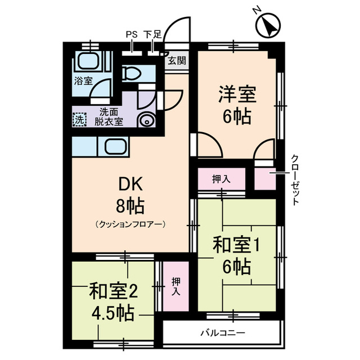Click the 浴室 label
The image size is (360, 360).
pyautogui.click(x=83, y=81)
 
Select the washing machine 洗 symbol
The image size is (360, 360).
pyautogui.click(x=80, y=119)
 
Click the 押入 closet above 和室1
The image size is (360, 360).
pyautogui.click(x=221, y=180)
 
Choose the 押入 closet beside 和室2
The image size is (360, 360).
pyautogui.click(x=175, y=285)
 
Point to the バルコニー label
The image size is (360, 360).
pyautogui.click(x=223, y=332)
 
